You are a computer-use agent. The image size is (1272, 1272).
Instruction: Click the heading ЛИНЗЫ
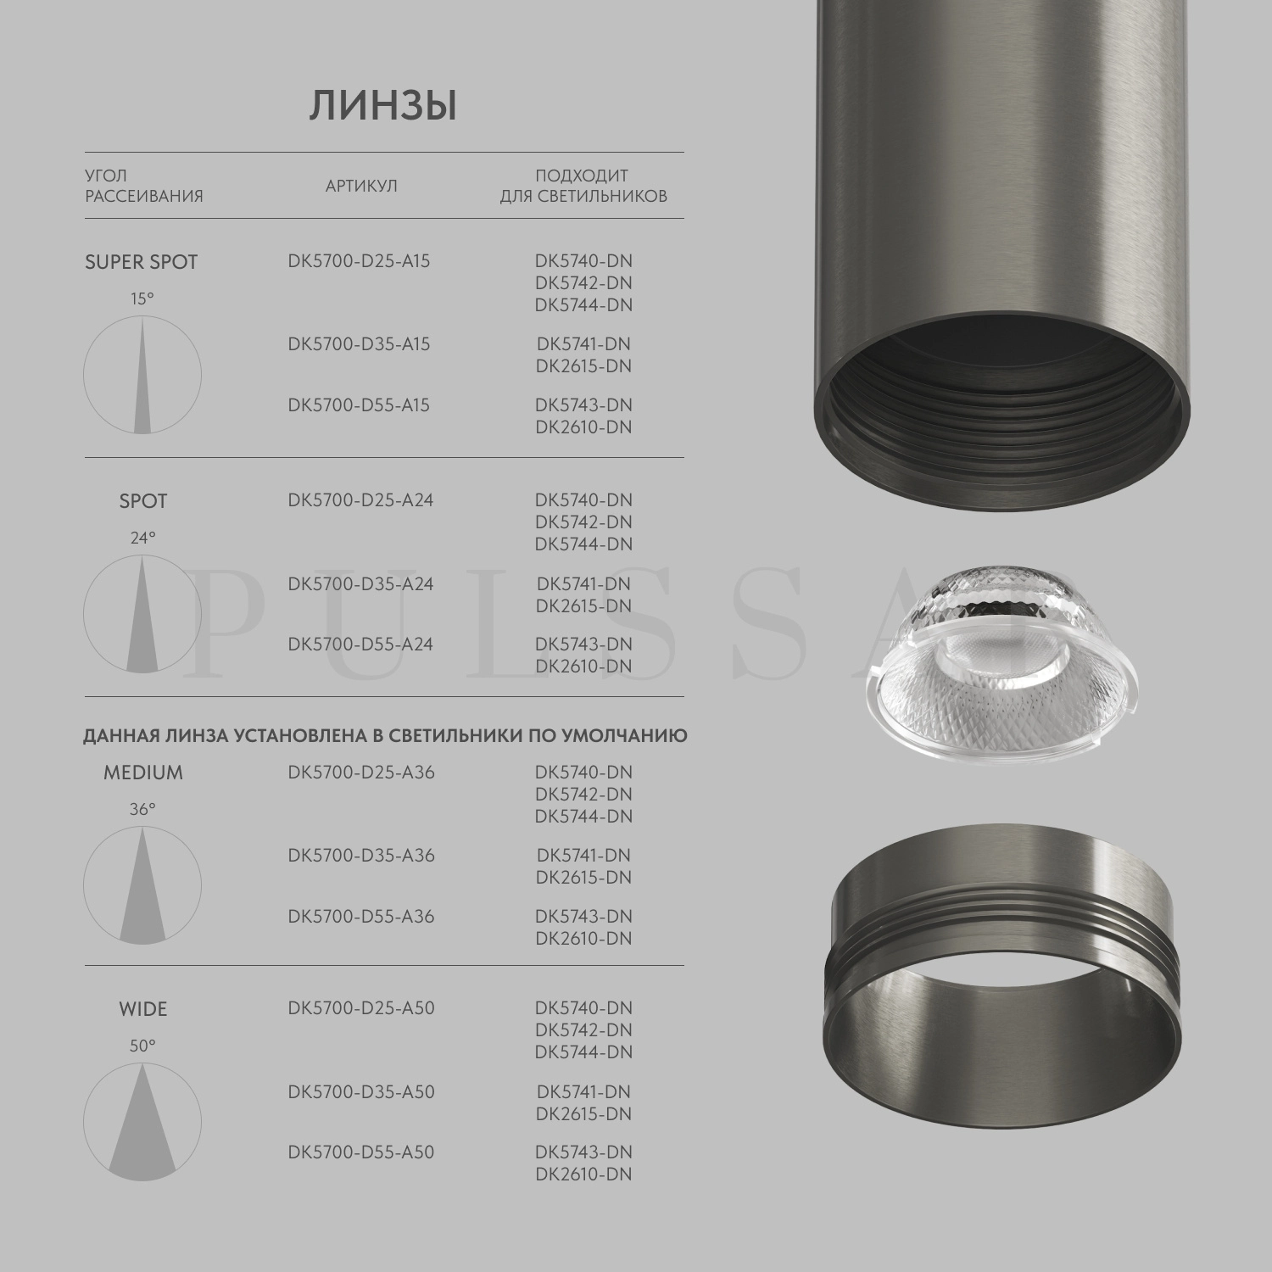pyautogui.click(x=383, y=107)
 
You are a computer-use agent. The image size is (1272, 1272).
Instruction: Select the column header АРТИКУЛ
pyautogui.click(x=361, y=186)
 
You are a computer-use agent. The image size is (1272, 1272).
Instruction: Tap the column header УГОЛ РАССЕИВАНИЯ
pyautogui.click(x=143, y=186)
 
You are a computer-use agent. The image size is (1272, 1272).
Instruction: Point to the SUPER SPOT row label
pyautogui.click(x=141, y=262)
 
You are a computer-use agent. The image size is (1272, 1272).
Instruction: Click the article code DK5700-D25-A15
pyautogui.click(x=359, y=261)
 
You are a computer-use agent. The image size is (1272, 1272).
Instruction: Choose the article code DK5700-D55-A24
pyautogui.click(x=360, y=644)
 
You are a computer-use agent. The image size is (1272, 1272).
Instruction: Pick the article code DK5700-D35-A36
pyautogui.click(x=361, y=856)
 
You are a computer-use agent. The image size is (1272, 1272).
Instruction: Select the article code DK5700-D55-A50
pyautogui.click(x=360, y=1152)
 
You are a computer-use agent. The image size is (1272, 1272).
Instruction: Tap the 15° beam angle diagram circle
pyautogui.click(x=142, y=375)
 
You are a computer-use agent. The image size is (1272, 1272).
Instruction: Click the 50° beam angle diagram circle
pyautogui.click(x=142, y=1122)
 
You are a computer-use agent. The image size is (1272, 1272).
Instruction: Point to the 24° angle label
pyautogui.click(x=142, y=538)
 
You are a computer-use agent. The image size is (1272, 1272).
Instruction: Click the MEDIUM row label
pyautogui.click(x=142, y=773)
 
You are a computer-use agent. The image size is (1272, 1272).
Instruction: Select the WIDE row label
pyautogui.click(x=142, y=1009)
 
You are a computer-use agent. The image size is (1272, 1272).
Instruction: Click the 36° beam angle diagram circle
pyautogui.click(x=142, y=885)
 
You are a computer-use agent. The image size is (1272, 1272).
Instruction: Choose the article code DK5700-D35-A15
pyautogui.click(x=359, y=344)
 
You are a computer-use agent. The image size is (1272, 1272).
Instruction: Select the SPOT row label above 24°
pyautogui.click(x=142, y=501)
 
